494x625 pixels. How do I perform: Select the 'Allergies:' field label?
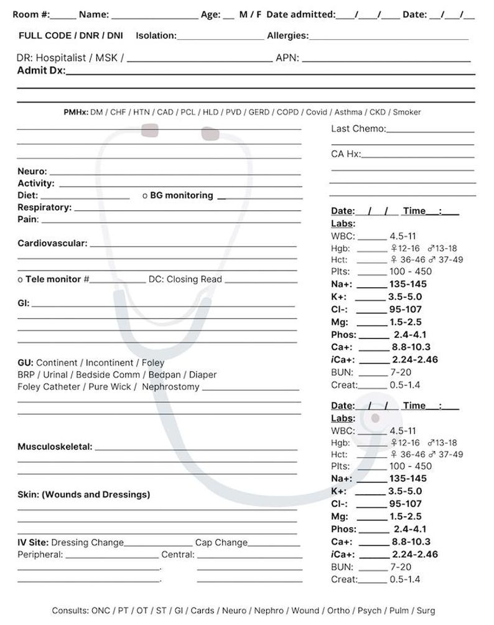pyautogui.click(x=287, y=35)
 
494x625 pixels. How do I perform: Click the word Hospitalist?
pyautogui.click(x=61, y=58)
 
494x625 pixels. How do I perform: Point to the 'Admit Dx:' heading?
pyautogui.click(x=40, y=71)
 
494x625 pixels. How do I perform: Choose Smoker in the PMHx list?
pyautogui.click(x=406, y=113)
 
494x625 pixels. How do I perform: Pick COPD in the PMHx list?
pyautogui.click(x=287, y=113)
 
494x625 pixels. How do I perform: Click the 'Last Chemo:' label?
pyautogui.click(x=358, y=129)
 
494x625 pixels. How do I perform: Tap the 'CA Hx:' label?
pyautogui.click(x=345, y=154)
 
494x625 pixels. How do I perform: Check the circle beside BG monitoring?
pyautogui.click(x=145, y=196)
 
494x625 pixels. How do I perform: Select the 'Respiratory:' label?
pyautogui.click(x=44, y=208)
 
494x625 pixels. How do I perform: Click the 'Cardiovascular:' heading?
pyautogui.click(x=52, y=243)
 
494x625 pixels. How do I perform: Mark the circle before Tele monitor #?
pyautogui.click(x=20, y=280)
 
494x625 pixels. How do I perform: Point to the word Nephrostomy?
pyautogui.click(x=170, y=387)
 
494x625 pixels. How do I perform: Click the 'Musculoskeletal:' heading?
pyautogui.click(x=55, y=447)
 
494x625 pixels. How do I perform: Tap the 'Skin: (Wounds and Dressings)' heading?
pyautogui.click(x=83, y=495)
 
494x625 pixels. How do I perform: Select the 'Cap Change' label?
pyautogui.click(x=221, y=543)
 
